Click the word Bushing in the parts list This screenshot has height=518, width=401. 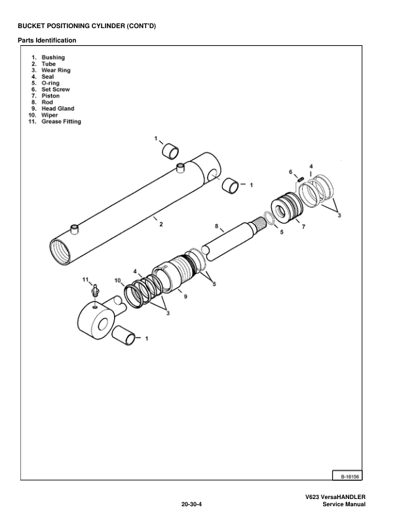tap(53, 58)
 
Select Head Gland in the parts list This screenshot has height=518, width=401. tap(58, 109)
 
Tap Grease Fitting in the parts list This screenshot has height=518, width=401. tap(62, 122)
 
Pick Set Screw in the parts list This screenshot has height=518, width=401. tap(56, 90)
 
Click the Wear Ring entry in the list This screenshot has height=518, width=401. tap(56, 70)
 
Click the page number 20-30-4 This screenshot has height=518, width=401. tap(191, 504)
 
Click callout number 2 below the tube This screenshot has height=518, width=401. tap(161, 224)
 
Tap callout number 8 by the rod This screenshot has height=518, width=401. tap(217, 226)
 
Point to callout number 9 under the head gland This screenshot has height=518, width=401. tap(185, 296)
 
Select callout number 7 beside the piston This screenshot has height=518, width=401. tap(303, 226)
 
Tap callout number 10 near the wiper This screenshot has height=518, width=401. tap(118, 281)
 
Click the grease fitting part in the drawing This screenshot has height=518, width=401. tap(95, 289)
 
